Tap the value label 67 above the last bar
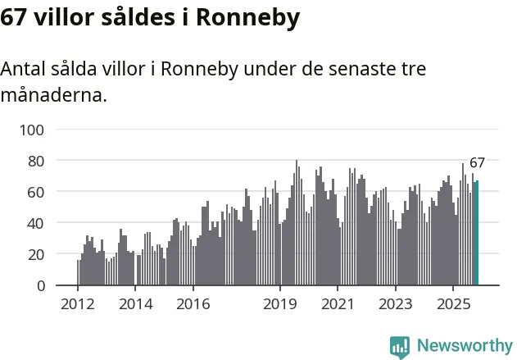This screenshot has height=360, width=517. (x=477, y=162)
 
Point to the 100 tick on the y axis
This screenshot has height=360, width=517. (x=33, y=130)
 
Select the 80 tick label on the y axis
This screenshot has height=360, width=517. (x=36, y=161)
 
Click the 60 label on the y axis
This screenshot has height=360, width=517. (x=36, y=192)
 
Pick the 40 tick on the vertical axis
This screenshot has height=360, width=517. (x=36, y=223)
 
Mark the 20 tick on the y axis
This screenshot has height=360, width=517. (x=36, y=254)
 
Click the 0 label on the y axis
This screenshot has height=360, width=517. (x=40, y=285)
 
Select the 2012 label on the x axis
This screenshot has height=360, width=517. (x=78, y=304)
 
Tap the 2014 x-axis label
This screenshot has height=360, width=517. (x=135, y=304)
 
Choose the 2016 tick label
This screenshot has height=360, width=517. (x=193, y=304)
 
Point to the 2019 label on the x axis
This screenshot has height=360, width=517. (x=279, y=304)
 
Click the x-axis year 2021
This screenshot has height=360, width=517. (x=337, y=304)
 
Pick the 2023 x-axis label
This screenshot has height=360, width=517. (x=395, y=304)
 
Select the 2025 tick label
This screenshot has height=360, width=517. (x=453, y=304)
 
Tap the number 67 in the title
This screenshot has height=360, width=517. (x=16, y=18)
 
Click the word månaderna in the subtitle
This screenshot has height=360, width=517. (x=54, y=95)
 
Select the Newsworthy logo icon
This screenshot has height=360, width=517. (x=400, y=347)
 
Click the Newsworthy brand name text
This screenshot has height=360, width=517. (x=465, y=347)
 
